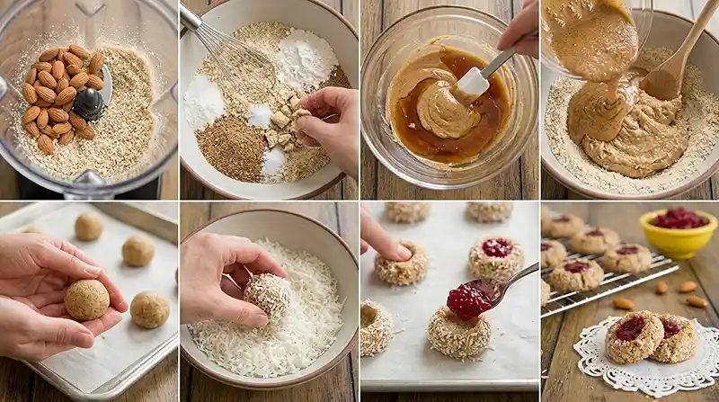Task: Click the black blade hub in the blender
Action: pyautogui.click(x=89, y=102)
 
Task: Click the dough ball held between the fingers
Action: pyautogui.click(x=86, y=299)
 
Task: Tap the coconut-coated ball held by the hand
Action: pyautogui.click(x=268, y=293)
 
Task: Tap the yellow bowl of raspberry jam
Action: pyautogui.click(x=678, y=232)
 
